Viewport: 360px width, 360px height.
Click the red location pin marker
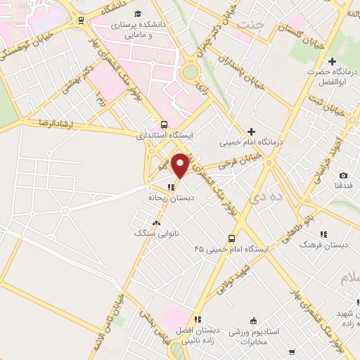[x=181, y=165]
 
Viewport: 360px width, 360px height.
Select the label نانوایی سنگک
[x=154, y=232]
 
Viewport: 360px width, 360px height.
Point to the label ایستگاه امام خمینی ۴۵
[x=231, y=249]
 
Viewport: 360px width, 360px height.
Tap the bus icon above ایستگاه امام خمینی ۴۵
[x=231, y=238]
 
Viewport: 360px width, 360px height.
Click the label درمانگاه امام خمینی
[x=250, y=142]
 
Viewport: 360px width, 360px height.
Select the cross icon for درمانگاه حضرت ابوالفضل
[x=332, y=62]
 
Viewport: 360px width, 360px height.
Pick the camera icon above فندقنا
[x=343, y=175]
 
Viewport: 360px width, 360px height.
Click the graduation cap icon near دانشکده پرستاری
[x=138, y=14]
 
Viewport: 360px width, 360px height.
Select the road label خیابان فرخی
[x=234, y=164]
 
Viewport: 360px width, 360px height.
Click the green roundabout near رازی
[x=189, y=71]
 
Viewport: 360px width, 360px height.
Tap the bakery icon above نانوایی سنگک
[x=155, y=222]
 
